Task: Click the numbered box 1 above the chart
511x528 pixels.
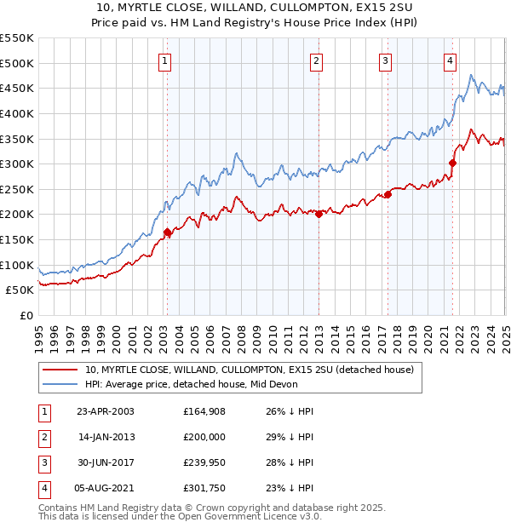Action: point(164,60)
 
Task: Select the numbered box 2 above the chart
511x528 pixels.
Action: point(316,60)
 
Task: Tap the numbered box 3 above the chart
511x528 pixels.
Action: point(385,60)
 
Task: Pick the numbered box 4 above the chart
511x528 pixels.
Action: point(449,60)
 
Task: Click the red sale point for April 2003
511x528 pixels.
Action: point(167,232)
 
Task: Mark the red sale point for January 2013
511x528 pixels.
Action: point(319,214)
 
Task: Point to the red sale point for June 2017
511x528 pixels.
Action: point(388,194)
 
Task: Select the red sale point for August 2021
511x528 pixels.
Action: point(452,163)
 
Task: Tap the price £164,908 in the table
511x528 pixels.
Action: point(203,411)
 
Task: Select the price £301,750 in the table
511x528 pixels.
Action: point(203,488)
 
